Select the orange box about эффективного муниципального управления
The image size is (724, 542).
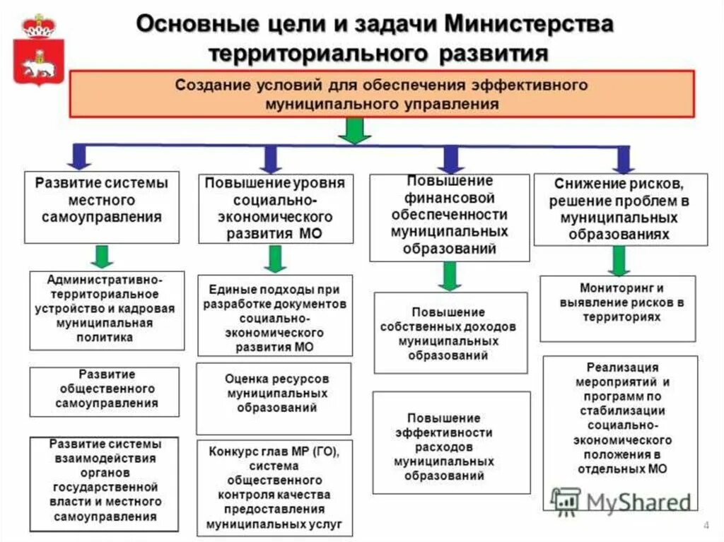[x=381, y=93]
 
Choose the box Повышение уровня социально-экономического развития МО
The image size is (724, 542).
[x=275, y=208]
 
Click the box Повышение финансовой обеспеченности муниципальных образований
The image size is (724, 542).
[x=449, y=216]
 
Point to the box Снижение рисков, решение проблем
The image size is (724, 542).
[x=620, y=209]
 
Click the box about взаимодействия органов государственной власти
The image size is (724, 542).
[x=106, y=481]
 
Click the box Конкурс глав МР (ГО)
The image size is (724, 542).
[x=274, y=487]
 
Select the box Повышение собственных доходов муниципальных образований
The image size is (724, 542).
[x=450, y=333]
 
